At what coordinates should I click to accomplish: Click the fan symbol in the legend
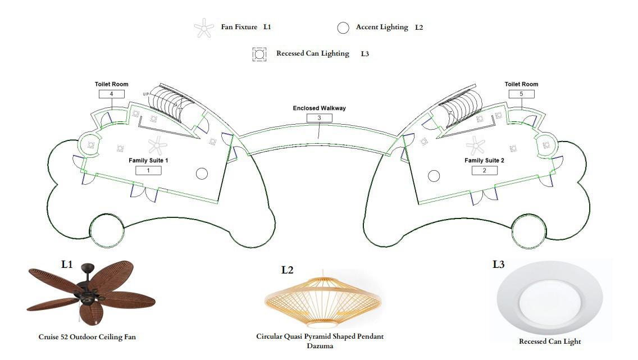click(204, 28)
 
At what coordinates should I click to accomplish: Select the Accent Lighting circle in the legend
click(343, 28)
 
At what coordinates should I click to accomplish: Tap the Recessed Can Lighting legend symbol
click(259, 54)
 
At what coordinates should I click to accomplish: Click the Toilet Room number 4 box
click(112, 94)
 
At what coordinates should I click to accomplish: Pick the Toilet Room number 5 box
click(521, 94)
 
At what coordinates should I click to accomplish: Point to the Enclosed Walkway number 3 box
click(319, 118)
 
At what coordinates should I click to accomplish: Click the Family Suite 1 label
click(148, 161)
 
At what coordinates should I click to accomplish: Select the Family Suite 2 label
click(484, 161)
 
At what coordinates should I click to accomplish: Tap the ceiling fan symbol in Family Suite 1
click(157, 145)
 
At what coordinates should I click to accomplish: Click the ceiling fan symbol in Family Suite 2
click(476, 145)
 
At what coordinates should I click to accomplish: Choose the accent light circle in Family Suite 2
click(434, 176)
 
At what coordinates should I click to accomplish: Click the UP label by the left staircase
click(147, 94)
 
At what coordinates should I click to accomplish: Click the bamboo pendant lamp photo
click(323, 300)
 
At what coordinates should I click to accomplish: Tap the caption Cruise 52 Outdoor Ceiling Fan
click(87, 337)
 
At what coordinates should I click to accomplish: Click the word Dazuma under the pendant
click(320, 346)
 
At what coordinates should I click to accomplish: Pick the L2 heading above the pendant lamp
click(287, 270)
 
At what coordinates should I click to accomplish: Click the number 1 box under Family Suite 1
click(148, 170)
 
